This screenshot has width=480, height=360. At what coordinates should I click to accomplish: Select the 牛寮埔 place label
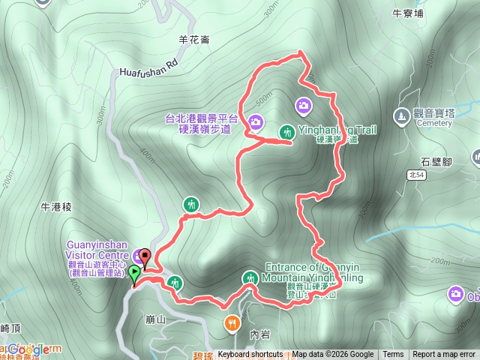click(408, 13)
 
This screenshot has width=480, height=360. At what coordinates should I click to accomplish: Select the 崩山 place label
click(155, 319)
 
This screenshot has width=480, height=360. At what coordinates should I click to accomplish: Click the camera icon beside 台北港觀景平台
click(256, 121)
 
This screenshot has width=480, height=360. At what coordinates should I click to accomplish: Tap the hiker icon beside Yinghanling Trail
click(286, 132)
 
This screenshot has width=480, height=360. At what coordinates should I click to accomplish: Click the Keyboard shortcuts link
click(250, 355)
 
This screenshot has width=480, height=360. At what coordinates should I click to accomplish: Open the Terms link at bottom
click(393, 355)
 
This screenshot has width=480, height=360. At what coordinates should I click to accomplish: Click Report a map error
click(445, 355)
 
